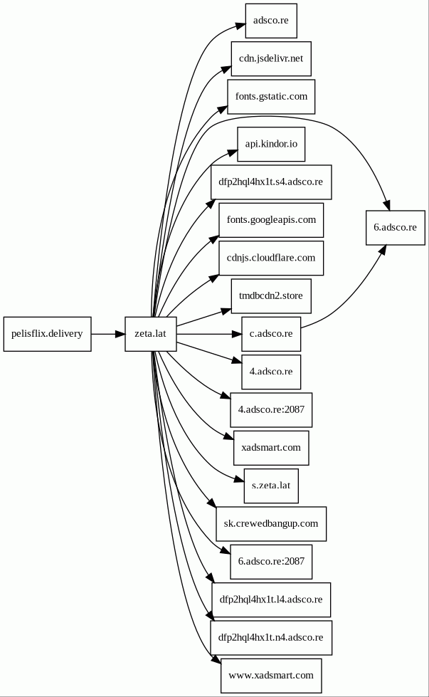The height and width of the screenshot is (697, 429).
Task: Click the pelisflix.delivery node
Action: (47, 334)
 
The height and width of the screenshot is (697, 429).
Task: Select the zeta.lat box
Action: (150, 334)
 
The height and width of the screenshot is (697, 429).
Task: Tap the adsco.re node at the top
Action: (270, 21)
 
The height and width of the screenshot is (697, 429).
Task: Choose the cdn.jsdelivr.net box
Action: (270, 58)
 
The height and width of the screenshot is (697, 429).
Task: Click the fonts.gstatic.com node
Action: (270, 97)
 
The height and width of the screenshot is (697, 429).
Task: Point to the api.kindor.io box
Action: (270, 144)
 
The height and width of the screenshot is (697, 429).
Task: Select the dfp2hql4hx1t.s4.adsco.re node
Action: (270, 182)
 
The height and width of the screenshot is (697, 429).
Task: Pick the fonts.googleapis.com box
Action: (270, 220)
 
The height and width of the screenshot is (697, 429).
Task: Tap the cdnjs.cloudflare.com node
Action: (270, 258)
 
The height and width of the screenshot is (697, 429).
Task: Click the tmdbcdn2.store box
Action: (270, 295)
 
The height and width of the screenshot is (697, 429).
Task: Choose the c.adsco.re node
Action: (270, 334)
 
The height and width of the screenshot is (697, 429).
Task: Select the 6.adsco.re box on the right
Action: (395, 228)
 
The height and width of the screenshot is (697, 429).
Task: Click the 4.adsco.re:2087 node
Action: (270, 409)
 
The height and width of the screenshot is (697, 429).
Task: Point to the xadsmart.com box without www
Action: (270, 448)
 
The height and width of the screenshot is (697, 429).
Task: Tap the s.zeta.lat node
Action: (270, 486)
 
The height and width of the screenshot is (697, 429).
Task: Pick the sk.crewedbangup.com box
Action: (270, 524)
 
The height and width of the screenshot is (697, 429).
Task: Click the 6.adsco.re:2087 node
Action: (270, 561)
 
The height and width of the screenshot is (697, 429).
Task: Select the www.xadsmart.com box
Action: (270, 675)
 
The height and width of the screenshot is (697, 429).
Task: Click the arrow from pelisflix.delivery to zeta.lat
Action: (107, 334)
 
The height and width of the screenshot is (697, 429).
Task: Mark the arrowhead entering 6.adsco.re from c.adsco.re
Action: (382, 251)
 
